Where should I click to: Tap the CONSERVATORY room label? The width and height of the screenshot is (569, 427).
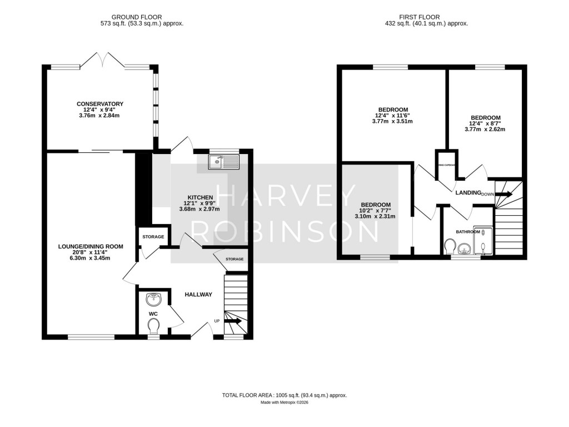tap(100, 104)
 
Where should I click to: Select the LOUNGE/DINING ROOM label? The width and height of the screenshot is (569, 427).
tap(91, 246)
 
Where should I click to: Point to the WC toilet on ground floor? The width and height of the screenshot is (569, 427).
tap(153, 325)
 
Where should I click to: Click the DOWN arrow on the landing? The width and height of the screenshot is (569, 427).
tap(505, 194)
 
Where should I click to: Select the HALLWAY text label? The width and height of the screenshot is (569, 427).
tap(198, 295)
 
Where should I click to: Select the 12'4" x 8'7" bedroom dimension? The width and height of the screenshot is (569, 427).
tap(486, 123)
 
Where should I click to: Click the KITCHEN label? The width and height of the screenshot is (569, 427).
tap(200, 197)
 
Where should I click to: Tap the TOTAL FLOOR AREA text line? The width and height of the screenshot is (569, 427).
tap(284, 395)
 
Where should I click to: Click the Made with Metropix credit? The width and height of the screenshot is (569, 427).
tap(284, 403)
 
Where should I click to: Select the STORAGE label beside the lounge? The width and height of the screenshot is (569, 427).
tap(153, 237)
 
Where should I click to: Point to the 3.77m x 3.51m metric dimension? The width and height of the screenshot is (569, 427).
tap(393, 121)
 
